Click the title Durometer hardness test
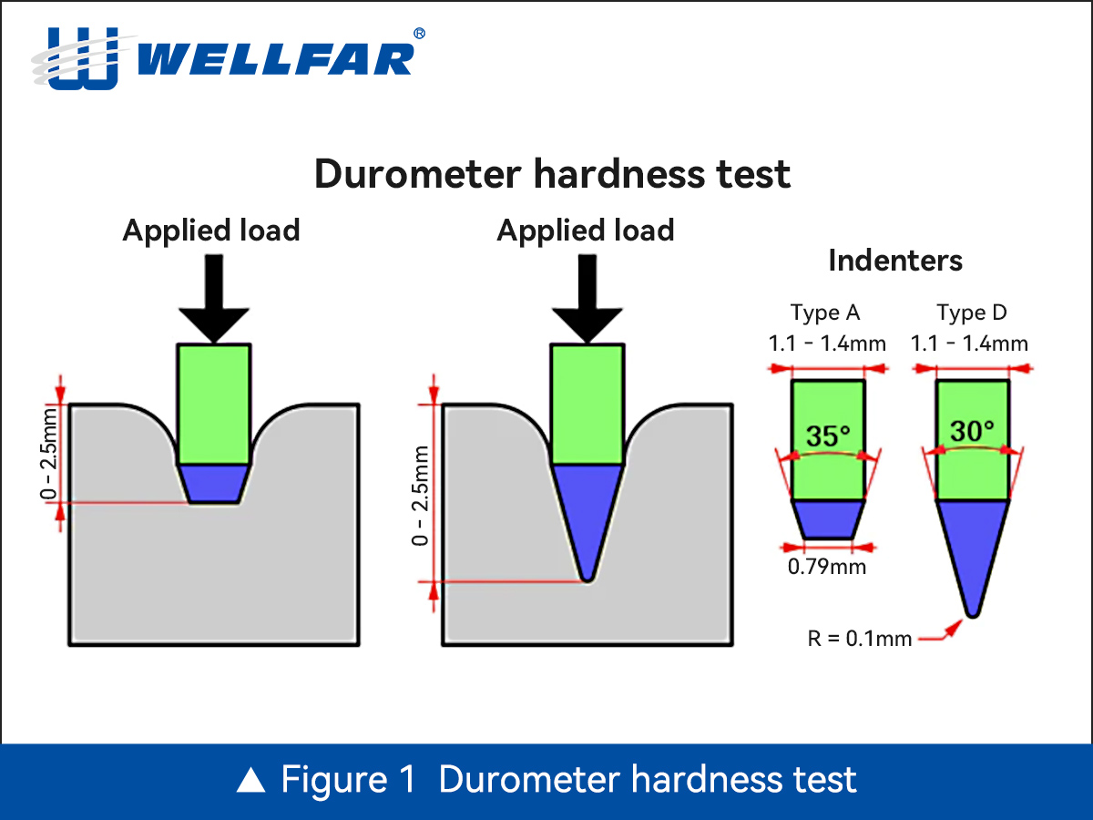tap(552, 173)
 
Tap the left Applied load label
tap(211, 231)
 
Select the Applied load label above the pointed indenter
tap(586, 231)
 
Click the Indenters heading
tap(894, 261)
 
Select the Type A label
tap(825, 313)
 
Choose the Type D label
tap(972, 313)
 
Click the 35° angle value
tap(827, 436)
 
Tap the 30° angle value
tap(972, 431)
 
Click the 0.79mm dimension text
tap(827, 568)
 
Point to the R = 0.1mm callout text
tap(860, 639)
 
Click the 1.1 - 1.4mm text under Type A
tap(827, 344)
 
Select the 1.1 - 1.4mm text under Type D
tap(970, 344)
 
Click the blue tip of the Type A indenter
tap(826, 518)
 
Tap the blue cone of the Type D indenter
tap(972, 547)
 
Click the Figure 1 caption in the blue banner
tap(546, 781)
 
